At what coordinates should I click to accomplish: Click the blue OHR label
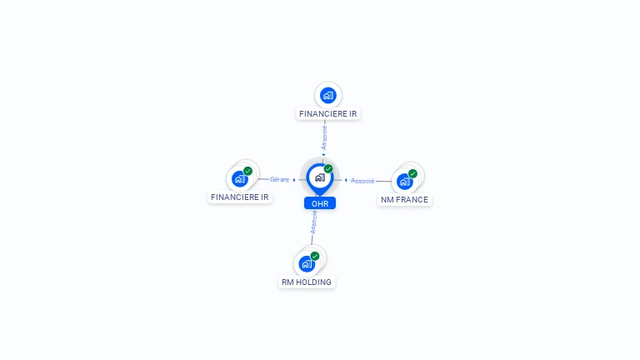[x=320, y=203]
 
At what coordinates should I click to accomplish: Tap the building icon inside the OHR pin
[x=320, y=177]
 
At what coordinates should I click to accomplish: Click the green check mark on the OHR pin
[x=328, y=168]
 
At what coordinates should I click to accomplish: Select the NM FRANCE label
[x=404, y=200]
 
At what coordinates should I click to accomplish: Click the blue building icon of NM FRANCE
[x=404, y=182]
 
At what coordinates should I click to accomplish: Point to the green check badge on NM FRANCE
[x=412, y=173]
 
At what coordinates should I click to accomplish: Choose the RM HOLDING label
[x=307, y=282]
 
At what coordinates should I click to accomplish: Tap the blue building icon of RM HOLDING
[x=307, y=264]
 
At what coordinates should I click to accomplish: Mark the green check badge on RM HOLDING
[x=315, y=256]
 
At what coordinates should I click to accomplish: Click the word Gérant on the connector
[x=279, y=180]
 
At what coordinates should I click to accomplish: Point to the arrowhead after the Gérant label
[x=294, y=180]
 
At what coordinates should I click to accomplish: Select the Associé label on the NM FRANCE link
[x=362, y=181]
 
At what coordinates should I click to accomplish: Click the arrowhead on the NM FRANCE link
[x=346, y=180]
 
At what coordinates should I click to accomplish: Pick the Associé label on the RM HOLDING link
[x=314, y=222]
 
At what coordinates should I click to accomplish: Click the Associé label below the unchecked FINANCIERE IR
[x=324, y=137]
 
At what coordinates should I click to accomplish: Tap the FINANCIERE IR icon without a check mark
[x=328, y=96]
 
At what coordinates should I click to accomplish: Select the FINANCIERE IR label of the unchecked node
[x=328, y=114]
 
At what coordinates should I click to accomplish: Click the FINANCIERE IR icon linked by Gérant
[x=240, y=179]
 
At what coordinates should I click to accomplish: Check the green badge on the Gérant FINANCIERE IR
[x=247, y=171]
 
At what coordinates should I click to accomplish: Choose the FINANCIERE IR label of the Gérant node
[x=240, y=197]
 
